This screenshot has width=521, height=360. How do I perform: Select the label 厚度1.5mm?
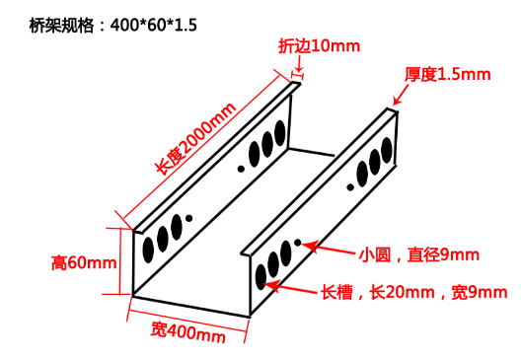coord(447,74)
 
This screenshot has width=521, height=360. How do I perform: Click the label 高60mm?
coord(84,262)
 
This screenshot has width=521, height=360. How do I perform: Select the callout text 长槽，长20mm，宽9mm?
coord(413,292)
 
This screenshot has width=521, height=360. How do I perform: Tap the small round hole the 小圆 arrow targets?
coord(297,243)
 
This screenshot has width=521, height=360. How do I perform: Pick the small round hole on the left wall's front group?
coord(189,218)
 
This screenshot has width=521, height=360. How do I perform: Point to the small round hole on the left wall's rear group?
coord(242,167)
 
